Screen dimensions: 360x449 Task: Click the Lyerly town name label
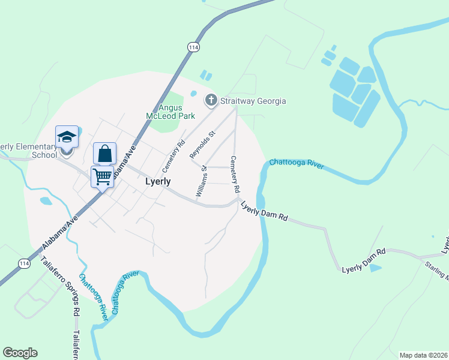tap(158, 181)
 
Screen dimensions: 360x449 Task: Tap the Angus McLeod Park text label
tap(163, 112)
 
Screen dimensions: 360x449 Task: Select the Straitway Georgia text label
tap(252, 101)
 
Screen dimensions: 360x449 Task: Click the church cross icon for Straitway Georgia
tap(211, 100)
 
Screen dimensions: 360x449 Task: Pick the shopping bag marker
tap(104, 154)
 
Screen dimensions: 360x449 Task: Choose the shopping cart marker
tap(102, 177)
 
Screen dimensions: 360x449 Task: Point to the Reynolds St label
tap(202, 145)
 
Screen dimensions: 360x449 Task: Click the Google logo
tap(20, 353)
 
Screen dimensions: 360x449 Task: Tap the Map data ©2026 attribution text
tap(423, 355)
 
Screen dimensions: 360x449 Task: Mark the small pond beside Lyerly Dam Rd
tap(375, 268)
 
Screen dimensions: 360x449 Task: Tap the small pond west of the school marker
tap(45, 201)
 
